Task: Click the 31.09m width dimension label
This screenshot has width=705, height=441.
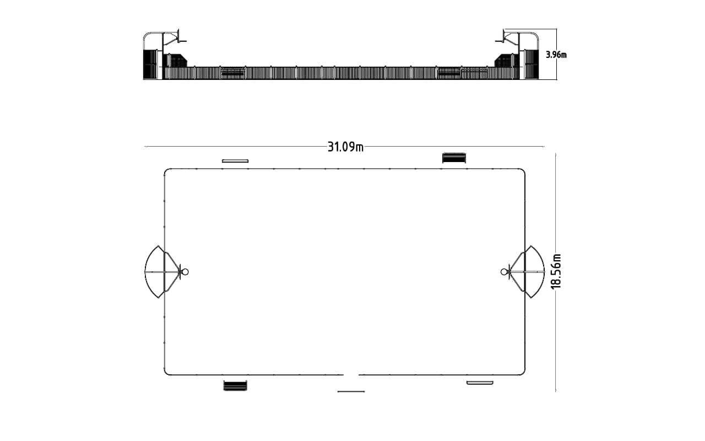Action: coord(345,147)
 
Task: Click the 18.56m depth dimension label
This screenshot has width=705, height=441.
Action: coord(556,271)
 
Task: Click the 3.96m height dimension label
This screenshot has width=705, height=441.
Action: coord(556,55)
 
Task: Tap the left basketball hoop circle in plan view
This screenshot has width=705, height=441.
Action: coord(186,272)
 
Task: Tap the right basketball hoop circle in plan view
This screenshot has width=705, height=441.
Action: coord(504,272)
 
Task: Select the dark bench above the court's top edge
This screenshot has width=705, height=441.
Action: coord(454,158)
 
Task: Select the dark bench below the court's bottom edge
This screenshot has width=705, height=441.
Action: coord(235,385)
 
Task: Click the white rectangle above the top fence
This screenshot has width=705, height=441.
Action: coord(235,161)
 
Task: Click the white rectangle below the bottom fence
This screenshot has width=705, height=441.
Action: coord(480,383)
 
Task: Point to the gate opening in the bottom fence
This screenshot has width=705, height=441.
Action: coord(351,375)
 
